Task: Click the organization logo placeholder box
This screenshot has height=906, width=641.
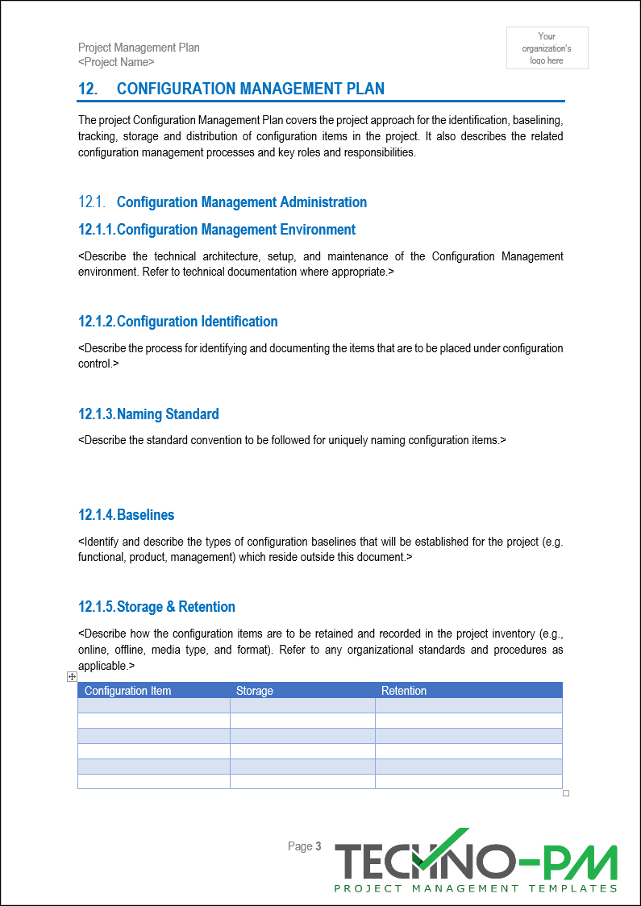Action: point(547,48)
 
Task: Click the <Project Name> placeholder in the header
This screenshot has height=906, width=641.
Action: point(116,62)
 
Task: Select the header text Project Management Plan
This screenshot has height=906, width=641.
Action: point(139,48)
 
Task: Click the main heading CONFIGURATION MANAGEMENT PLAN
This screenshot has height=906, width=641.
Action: point(250,89)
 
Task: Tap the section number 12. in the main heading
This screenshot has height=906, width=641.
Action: point(88,89)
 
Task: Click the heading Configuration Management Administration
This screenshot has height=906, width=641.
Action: point(241,202)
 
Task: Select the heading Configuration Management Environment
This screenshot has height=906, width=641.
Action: point(235,230)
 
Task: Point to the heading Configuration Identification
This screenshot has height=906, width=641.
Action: point(197,322)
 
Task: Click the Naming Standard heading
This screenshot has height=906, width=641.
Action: point(167,414)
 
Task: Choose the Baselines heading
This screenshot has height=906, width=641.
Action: point(145,515)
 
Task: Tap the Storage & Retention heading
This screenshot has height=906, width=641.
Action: point(176,607)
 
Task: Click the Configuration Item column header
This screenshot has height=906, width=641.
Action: point(127,691)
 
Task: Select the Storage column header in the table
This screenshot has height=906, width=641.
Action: point(254,691)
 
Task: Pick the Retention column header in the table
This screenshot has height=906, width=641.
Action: point(403,691)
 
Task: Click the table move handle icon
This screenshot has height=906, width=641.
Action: point(73,677)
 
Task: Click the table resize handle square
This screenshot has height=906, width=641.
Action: point(566,793)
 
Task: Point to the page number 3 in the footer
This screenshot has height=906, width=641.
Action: point(318,846)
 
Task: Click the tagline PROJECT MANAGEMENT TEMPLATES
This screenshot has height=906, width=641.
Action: point(476,888)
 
